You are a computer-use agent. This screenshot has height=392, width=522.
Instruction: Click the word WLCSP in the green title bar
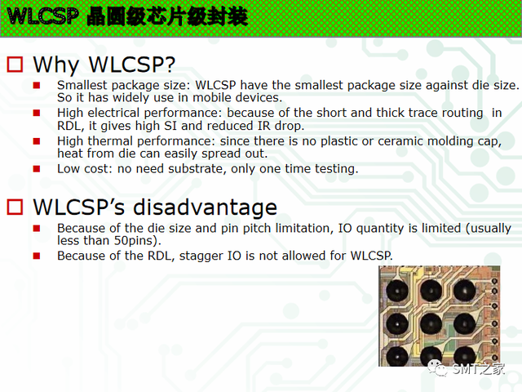click(x=42, y=16)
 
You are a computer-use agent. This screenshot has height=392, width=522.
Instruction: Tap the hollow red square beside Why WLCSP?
click(x=15, y=65)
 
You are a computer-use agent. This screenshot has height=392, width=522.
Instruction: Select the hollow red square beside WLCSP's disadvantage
click(x=15, y=207)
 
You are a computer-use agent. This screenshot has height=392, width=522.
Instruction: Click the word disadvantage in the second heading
click(x=205, y=207)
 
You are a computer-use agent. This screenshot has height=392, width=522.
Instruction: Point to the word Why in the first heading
click(x=56, y=65)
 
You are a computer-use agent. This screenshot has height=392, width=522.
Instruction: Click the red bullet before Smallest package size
click(x=37, y=85)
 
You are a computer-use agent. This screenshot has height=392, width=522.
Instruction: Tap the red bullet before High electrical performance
click(x=37, y=113)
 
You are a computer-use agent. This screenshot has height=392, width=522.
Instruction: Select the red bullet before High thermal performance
click(x=37, y=141)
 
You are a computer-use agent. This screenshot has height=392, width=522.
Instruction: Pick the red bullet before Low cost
click(x=37, y=169)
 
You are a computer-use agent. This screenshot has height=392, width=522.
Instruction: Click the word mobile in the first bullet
click(x=212, y=98)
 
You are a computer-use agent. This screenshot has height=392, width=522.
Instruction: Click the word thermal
click(x=111, y=141)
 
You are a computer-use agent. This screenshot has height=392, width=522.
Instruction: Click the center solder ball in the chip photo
click(x=431, y=323)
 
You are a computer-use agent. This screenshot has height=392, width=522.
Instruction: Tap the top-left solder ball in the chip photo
click(x=397, y=291)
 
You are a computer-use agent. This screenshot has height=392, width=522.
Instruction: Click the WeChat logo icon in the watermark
click(x=437, y=368)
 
